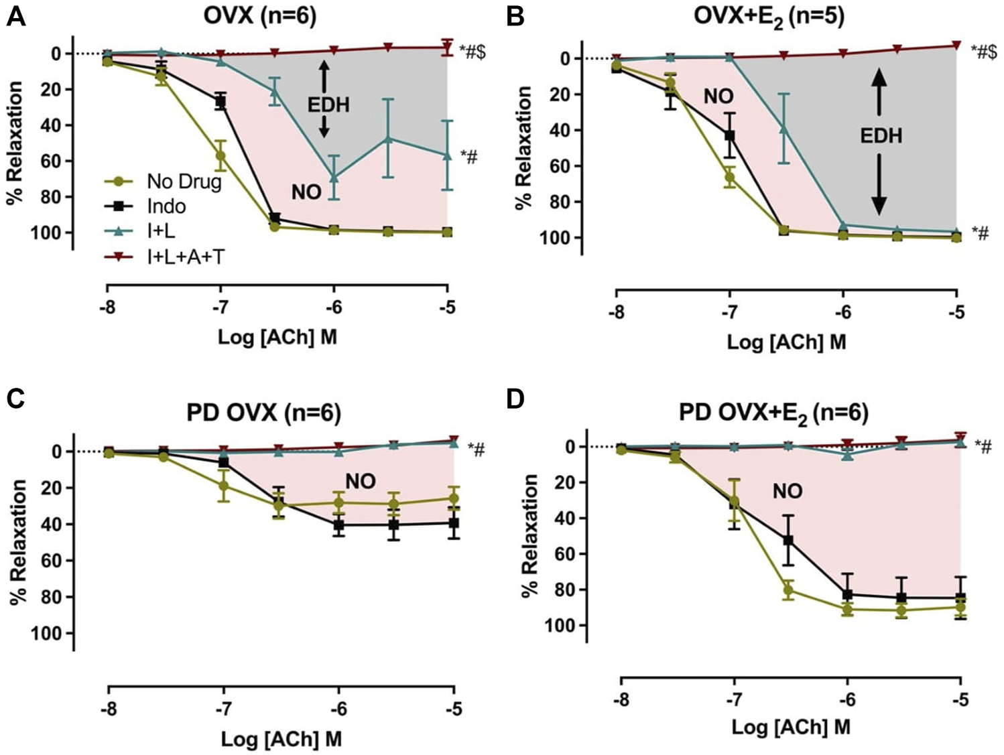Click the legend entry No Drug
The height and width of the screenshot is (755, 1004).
tap(184, 182)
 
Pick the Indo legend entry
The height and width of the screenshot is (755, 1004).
tap(166, 206)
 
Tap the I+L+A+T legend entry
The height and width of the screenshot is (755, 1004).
tap(186, 257)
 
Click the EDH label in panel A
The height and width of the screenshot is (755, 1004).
tap(328, 105)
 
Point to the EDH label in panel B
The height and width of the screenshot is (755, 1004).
tap(881, 136)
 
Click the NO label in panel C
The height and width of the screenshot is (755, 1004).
tap(361, 481)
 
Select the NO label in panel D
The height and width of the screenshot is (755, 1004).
tap(787, 492)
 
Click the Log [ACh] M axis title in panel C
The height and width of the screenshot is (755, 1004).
tap(281, 739)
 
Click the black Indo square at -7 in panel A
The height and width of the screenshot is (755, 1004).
tap(221, 102)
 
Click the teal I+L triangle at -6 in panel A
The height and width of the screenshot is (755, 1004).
tap(333, 178)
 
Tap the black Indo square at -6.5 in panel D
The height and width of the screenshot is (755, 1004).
tap(788, 540)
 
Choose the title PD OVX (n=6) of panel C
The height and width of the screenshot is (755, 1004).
tap(263, 413)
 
